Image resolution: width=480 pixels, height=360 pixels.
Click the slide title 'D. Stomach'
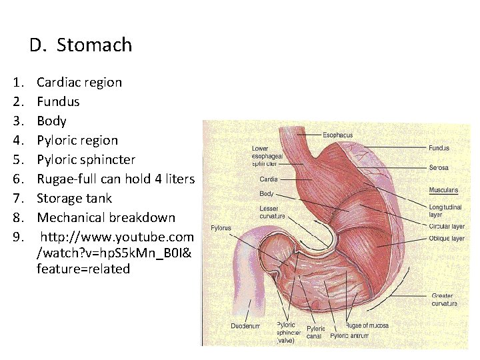coord(81,45)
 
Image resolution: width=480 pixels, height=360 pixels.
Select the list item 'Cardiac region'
coord(79,83)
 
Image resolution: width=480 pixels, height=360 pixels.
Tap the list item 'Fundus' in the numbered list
coord(58,102)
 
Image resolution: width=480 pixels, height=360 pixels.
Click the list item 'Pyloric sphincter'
coord(86,160)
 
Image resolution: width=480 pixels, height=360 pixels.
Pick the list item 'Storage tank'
coord(74,198)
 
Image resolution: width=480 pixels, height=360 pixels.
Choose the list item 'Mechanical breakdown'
coord(106,217)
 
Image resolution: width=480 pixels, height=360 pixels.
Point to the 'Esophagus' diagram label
coord(337,135)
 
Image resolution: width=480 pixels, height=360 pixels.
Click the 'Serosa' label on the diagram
coord(438,167)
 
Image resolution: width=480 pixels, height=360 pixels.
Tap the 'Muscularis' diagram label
coord(443,191)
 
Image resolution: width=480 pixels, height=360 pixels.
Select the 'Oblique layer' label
coord(447,238)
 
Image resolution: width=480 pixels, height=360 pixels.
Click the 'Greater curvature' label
coord(444,299)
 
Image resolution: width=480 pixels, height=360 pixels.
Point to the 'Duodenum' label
coord(245,326)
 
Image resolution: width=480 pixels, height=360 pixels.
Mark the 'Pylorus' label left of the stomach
coord(221,228)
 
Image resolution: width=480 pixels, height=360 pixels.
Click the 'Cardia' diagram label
coord(269,179)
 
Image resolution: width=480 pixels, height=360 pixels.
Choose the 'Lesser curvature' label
coord(272,212)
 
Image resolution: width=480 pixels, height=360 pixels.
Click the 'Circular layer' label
coord(446,227)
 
